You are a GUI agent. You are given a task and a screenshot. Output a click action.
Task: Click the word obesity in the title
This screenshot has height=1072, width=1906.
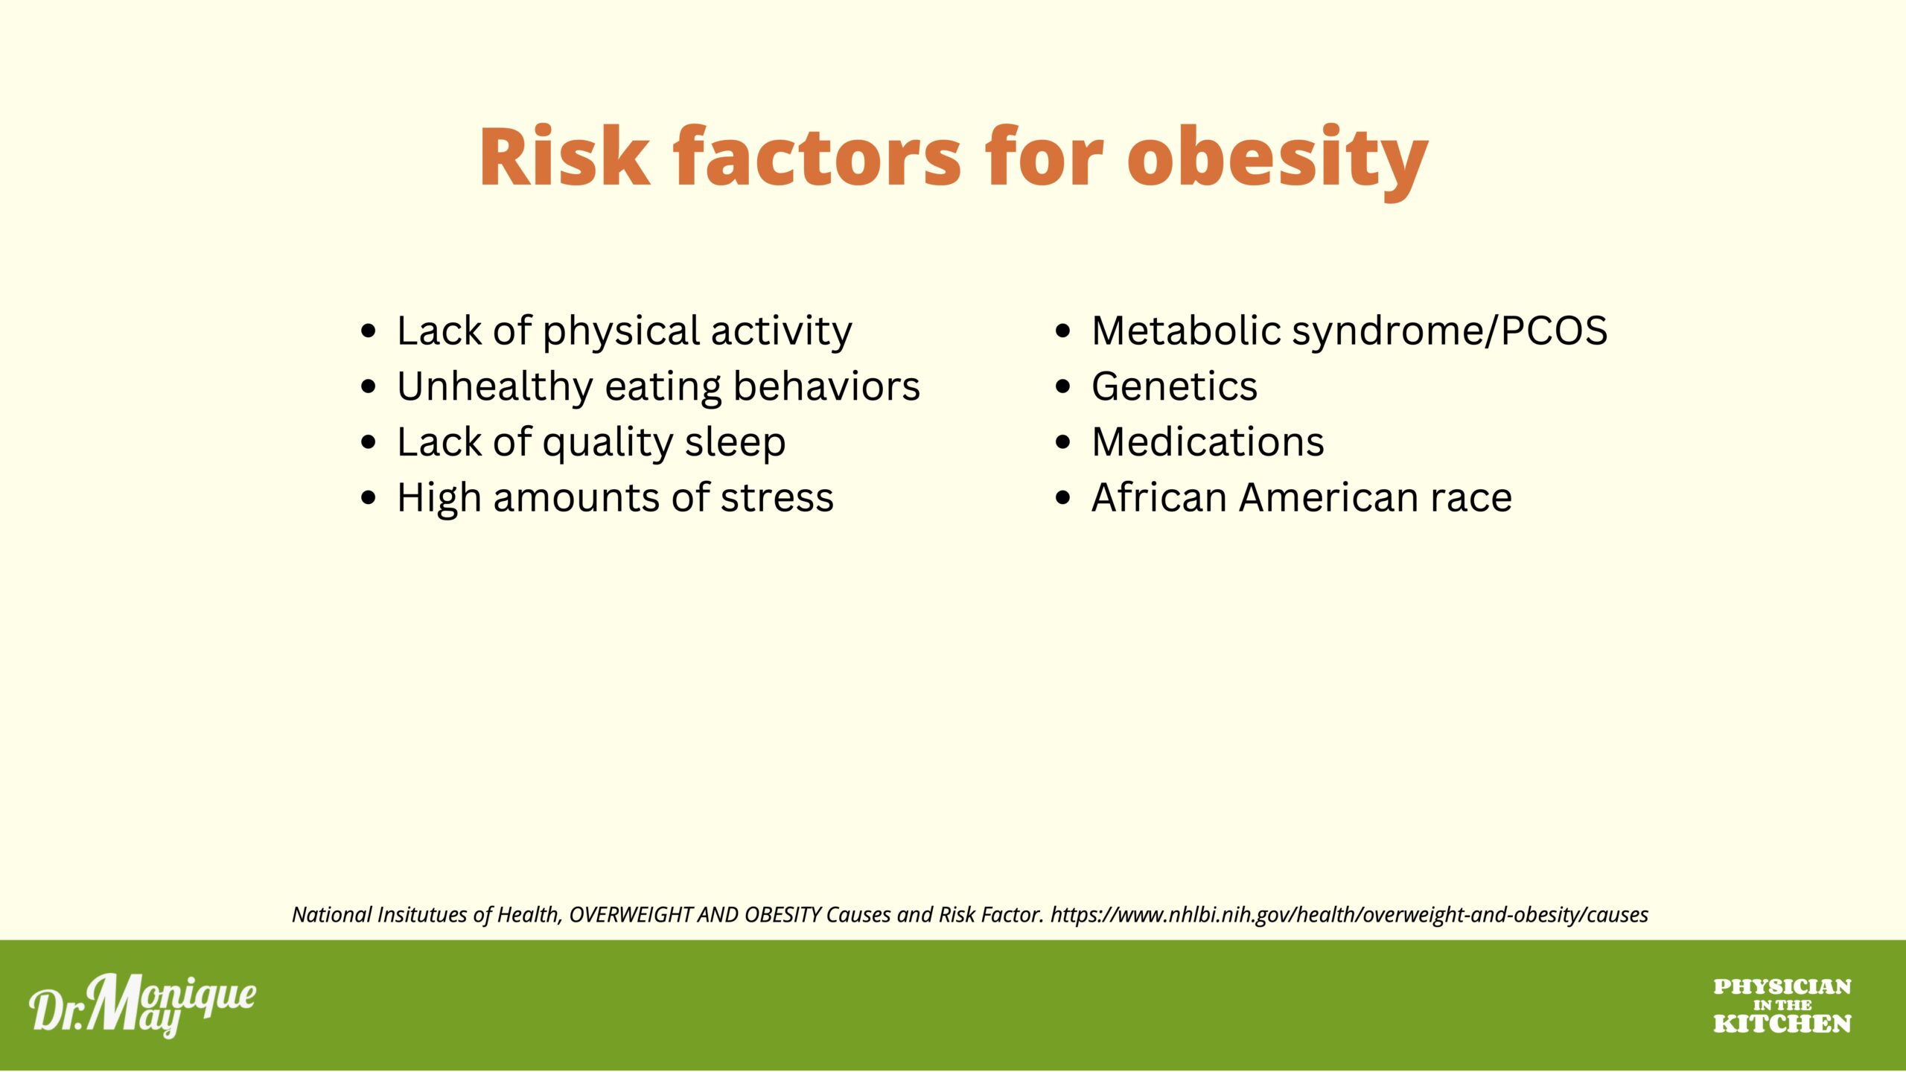(x=1278, y=159)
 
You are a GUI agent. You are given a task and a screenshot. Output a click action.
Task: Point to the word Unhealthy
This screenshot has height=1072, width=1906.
(x=494, y=387)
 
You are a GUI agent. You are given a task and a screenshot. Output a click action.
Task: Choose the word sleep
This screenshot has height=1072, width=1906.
(x=735, y=443)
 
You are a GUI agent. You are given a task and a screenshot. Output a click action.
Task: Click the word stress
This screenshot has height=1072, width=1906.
(x=777, y=498)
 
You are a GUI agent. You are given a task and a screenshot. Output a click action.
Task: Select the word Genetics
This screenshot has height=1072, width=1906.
(x=1174, y=387)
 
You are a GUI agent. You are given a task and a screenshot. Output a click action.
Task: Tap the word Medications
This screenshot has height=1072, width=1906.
(x=1208, y=442)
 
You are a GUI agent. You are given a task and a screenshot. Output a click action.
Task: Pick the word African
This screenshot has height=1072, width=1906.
(x=1158, y=497)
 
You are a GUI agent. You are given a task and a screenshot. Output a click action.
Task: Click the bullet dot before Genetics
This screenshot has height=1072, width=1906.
(x=1062, y=387)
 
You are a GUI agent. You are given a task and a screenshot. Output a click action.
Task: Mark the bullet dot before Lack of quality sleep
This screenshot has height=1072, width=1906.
(x=368, y=443)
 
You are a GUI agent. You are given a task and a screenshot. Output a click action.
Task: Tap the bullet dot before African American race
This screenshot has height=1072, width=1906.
(x=1062, y=498)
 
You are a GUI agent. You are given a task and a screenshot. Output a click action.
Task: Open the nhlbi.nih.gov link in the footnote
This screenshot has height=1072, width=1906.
(x=1349, y=915)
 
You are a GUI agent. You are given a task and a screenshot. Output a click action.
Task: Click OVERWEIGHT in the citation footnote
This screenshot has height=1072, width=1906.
(x=631, y=915)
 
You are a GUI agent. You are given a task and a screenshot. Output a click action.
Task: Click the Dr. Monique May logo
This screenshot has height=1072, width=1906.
(x=142, y=1005)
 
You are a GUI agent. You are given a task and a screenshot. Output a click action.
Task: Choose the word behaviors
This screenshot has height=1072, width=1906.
(x=826, y=387)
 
